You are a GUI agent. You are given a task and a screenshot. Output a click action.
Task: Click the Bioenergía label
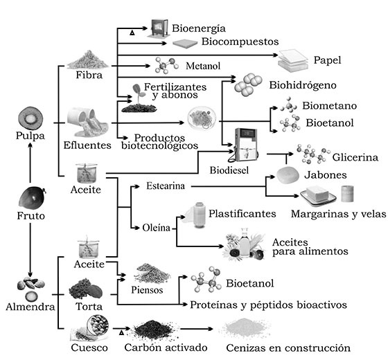pos(199,28)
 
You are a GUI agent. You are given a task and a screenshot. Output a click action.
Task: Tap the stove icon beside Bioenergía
pos(159,28)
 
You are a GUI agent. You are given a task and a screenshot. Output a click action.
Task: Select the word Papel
pos(327,60)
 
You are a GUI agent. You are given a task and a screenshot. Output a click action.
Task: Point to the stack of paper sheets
pos(293,61)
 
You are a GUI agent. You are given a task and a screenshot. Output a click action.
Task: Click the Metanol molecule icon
pos(166,66)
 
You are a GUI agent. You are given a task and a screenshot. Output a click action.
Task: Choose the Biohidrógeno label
pos(303,85)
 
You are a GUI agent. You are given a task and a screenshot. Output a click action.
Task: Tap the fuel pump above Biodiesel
pos(245,145)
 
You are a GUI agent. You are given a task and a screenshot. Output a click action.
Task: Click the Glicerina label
pos(355,157)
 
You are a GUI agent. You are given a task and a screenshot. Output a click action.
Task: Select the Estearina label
pos(166,186)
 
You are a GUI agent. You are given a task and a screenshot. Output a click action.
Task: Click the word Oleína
pos(156,228)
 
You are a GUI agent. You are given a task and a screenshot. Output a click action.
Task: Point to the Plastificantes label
pos(242,214)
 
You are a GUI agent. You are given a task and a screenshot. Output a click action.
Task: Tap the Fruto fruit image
pos(32,198)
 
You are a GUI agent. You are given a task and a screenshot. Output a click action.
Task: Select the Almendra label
pos(30,307)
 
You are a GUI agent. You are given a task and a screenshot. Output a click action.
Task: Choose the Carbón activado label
pos(166,348)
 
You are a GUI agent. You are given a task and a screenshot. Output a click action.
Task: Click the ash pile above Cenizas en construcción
pos(245,329)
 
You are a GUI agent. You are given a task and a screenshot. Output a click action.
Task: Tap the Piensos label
pos(147,290)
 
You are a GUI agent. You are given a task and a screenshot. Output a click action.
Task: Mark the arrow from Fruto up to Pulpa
pos(30,163)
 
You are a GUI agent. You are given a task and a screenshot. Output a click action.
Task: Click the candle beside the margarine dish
pos(347,194)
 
